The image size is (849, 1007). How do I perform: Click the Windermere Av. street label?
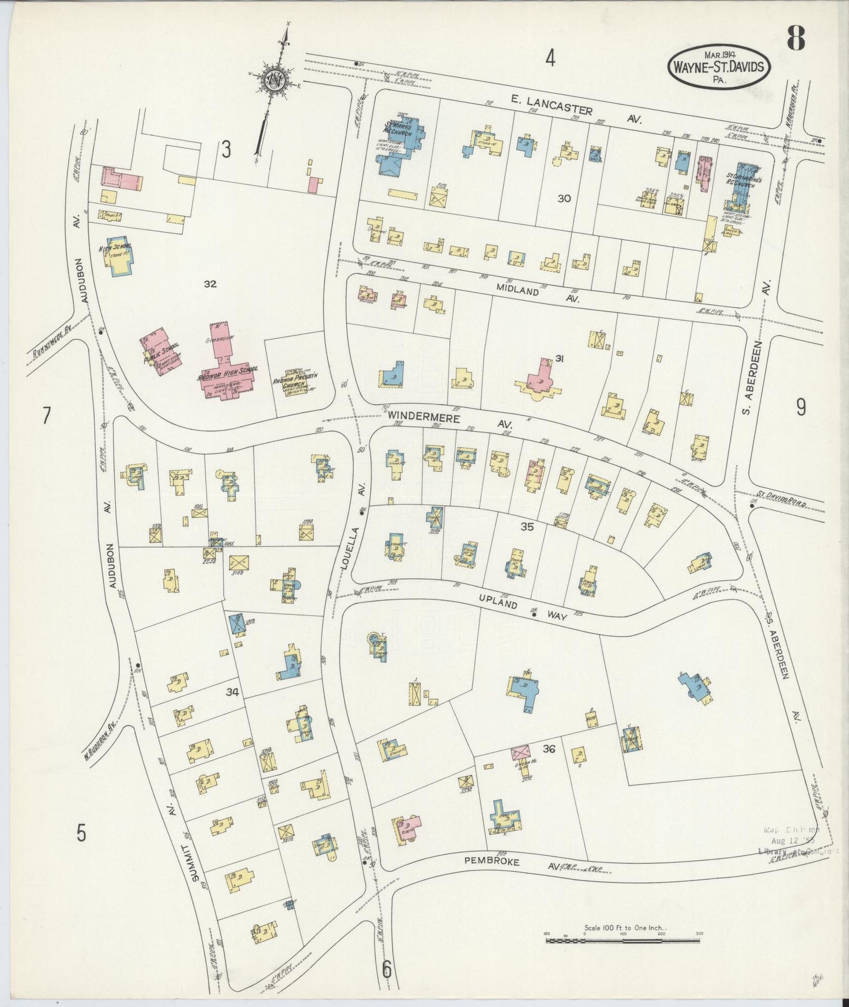click(449, 418)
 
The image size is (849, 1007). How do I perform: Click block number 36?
click(549, 749)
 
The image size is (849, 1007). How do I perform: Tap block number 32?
click(210, 284)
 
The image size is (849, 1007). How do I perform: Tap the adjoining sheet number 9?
click(801, 407)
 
